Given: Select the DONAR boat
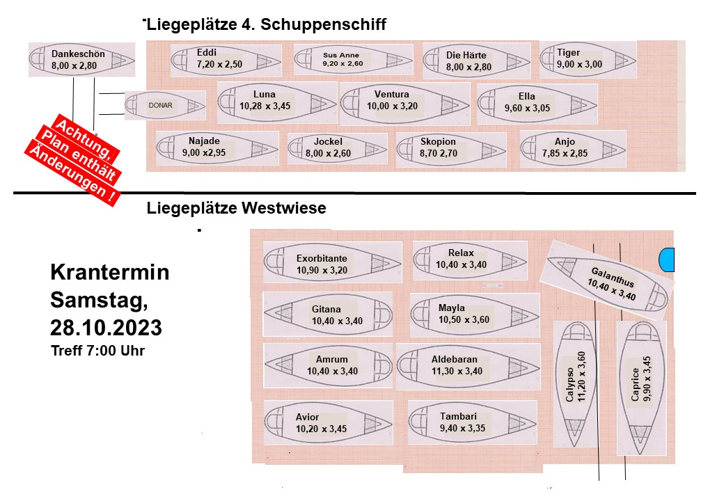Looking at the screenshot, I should [165, 105].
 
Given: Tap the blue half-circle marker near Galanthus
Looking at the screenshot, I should [667, 260].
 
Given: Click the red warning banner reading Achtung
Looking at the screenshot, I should [88, 129].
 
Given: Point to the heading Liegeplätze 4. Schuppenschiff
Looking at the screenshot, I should [265, 24].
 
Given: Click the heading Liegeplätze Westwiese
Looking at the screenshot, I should [237, 208].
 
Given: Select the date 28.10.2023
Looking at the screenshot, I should [106, 327].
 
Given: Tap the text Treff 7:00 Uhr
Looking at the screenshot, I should [97, 351].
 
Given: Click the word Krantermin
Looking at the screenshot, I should [109, 273].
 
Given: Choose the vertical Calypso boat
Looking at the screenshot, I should [577, 384].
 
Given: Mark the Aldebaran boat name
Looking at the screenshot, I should [457, 359].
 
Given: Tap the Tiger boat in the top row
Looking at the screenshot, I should [588, 59].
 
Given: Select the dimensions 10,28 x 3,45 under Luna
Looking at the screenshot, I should [265, 106].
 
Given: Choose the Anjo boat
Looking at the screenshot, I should [572, 148].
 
